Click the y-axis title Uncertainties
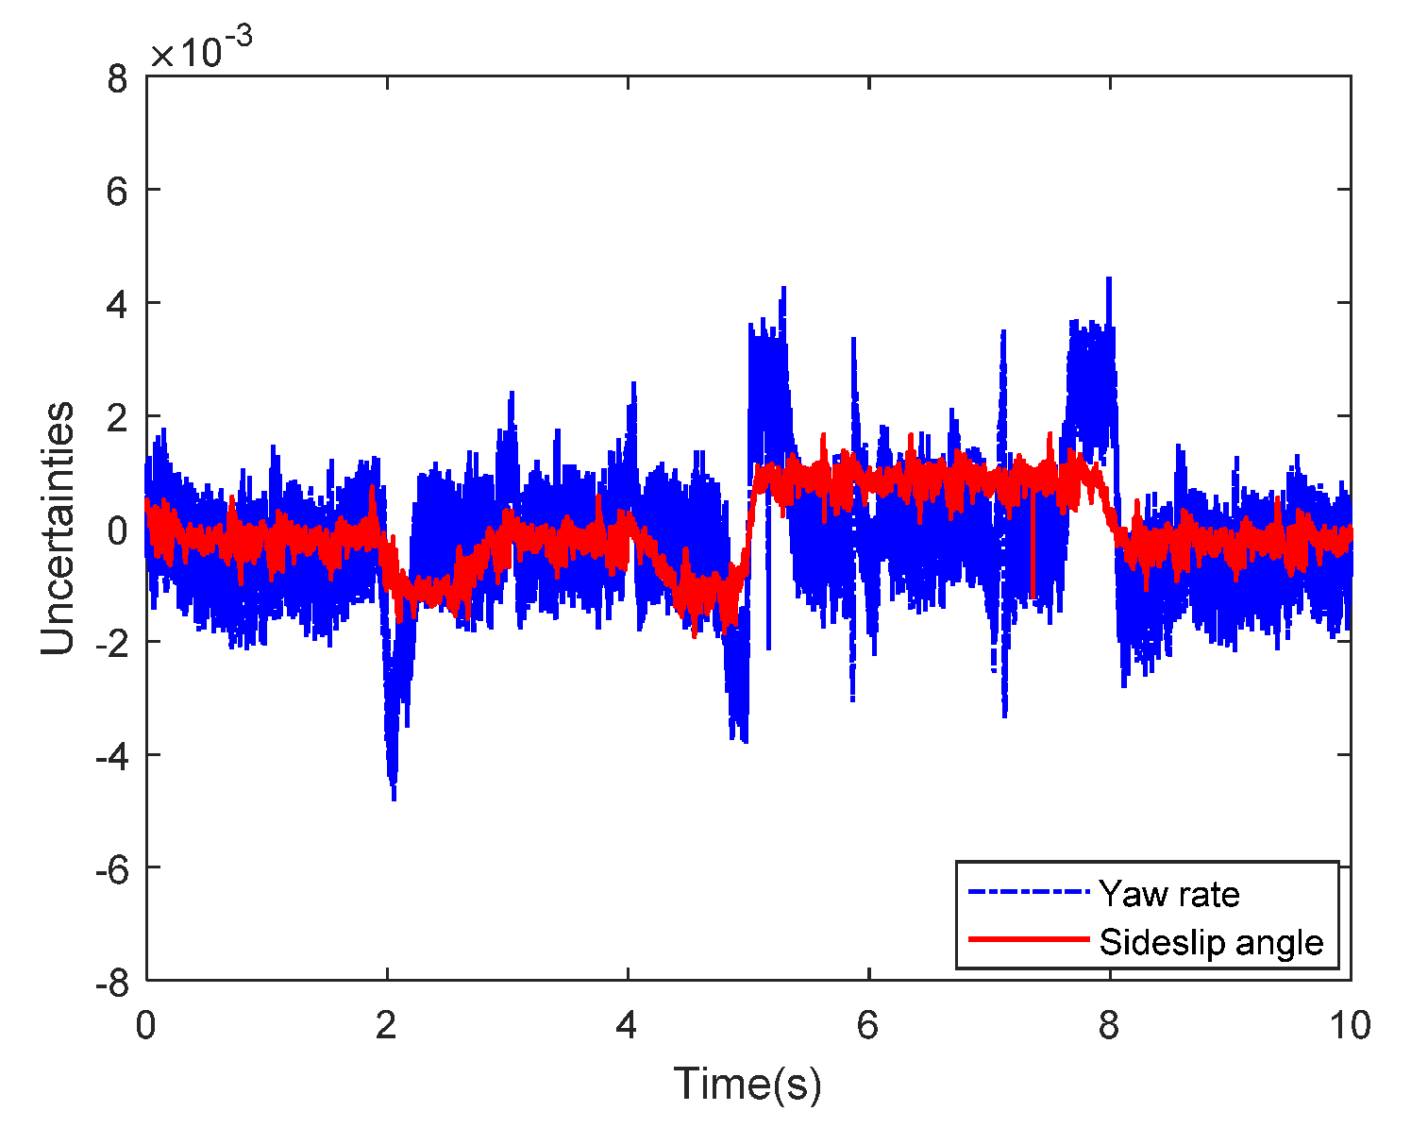59,529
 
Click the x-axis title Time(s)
747,1083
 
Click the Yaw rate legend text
1169,893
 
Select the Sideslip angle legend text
1211,942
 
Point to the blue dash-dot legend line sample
1029,892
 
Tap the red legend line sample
1029,940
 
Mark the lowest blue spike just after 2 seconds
394,798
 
